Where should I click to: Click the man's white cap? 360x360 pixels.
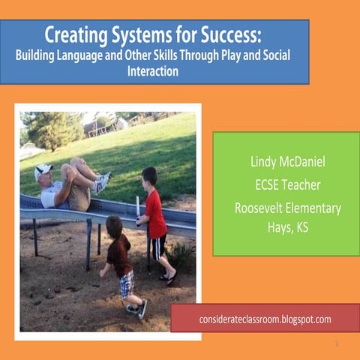pos(43,169)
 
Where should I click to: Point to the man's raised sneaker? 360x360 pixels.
pos(101,181)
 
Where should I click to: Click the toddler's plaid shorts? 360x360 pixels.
pos(127,283)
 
